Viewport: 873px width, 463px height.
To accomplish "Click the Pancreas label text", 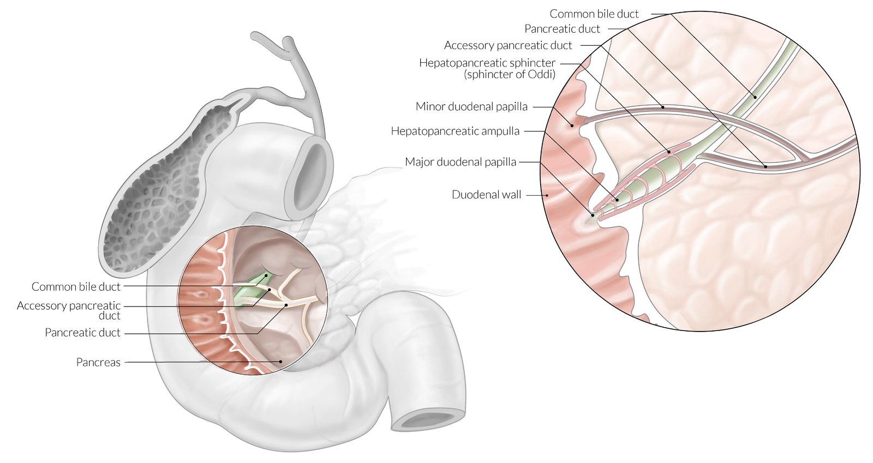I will point(98,362).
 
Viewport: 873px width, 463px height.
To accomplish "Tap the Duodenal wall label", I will point(486,195).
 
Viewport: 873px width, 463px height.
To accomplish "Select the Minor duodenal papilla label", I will point(471,106).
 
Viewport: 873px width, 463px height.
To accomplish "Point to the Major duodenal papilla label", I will point(460,162).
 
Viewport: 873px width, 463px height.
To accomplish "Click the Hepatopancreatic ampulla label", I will point(455,131).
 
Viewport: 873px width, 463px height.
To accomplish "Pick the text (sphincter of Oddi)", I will point(510,74).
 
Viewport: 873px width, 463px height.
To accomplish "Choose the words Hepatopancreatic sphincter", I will point(487,63).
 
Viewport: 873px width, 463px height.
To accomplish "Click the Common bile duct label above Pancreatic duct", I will point(594,14).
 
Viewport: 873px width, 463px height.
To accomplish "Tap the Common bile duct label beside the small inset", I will point(76,286).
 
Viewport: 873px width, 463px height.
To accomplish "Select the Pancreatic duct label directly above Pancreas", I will point(82,333).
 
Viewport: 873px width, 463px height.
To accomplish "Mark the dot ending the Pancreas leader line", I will point(280,361).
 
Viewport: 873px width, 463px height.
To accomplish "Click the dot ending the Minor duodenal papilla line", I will point(572,125).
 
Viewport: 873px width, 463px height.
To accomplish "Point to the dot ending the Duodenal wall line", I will point(546,195).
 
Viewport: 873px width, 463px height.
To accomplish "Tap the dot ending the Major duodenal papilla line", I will point(593,215).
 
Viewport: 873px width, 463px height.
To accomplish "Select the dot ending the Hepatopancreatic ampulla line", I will point(617,200).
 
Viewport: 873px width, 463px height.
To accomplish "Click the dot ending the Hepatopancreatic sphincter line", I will point(669,151).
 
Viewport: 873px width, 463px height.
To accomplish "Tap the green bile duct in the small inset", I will point(248,289).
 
